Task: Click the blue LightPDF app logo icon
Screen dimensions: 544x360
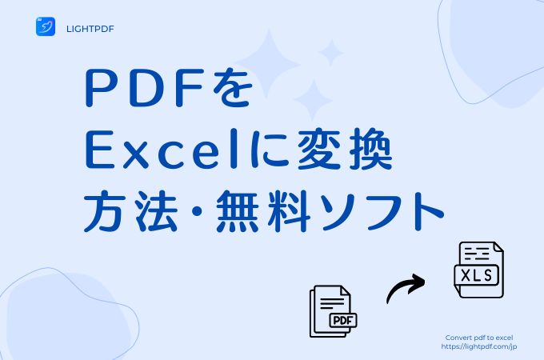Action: click(x=46, y=26)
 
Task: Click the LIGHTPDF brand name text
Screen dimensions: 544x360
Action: click(x=90, y=29)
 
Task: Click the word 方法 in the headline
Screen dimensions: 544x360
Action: click(x=129, y=211)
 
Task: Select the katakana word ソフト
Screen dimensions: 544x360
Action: click(x=382, y=211)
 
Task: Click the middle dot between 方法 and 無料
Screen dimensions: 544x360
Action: click(x=195, y=211)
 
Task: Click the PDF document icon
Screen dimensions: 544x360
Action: click(x=333, y=311)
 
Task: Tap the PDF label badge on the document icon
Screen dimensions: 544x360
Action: click(x=342, y=321)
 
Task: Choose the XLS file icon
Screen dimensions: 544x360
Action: click(x=478, y=270)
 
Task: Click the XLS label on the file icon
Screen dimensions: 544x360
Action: click(x=477, y=275)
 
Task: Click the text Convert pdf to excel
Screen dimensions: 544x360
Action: click(x=478, y=338)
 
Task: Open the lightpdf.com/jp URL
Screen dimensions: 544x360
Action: click(x=478, y=346)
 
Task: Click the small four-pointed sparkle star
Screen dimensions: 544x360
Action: click(x=331, y=53)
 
